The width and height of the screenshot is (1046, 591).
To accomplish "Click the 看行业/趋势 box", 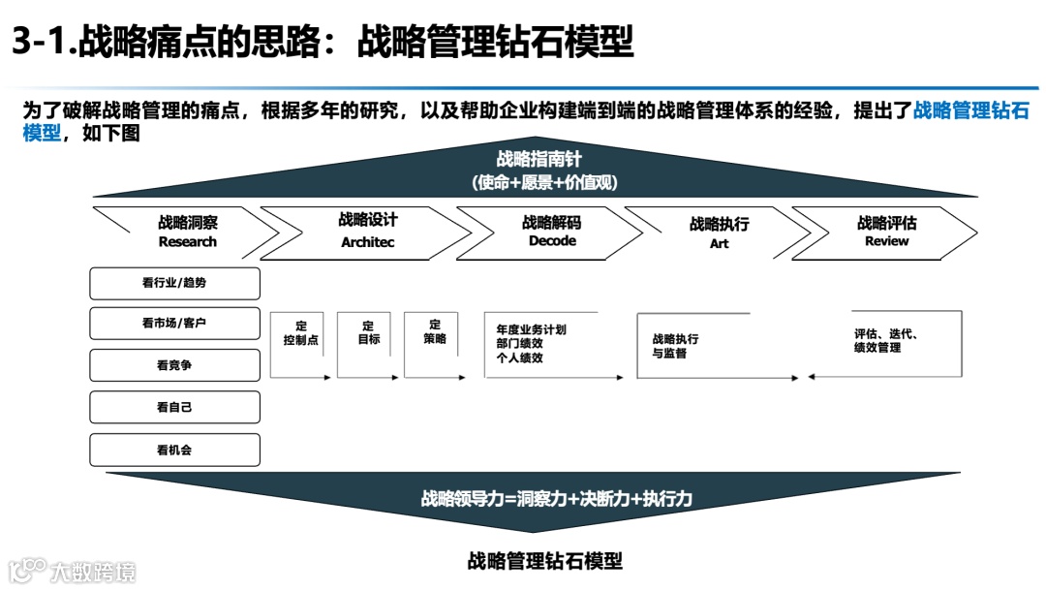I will [x=174, y=283].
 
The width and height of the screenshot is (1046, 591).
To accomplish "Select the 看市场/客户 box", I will [x=174, y=324].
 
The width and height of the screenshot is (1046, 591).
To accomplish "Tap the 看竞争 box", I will [x=174, y=365].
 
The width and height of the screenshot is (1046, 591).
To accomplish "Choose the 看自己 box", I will [x=174, y=407].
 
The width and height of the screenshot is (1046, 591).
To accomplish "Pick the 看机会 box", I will [x=174, y=450].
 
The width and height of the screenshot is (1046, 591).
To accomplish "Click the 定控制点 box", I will [x=300, y=334].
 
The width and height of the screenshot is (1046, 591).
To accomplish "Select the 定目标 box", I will [x=368, y=333].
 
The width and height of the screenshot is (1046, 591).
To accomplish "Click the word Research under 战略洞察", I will [x=187, y=242].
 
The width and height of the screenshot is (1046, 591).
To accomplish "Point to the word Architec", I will [x=368, y=242].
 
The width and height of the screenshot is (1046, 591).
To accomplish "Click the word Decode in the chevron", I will [x=552, y=241].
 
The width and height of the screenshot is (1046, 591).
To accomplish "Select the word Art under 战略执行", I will [x=719, y=244].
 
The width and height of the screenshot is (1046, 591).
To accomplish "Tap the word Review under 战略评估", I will [x=887, y=241].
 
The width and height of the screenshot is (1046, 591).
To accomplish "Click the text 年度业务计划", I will [x=531, y=329].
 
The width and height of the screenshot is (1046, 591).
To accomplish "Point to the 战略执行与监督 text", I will [x=676, y=347].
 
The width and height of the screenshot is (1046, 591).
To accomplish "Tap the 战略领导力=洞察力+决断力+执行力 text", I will [x=556, y=500].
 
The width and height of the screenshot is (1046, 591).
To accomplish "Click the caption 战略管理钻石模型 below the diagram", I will [x=544, y=560].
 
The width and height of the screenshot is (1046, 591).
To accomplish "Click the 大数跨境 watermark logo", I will [x=73, y=571].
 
